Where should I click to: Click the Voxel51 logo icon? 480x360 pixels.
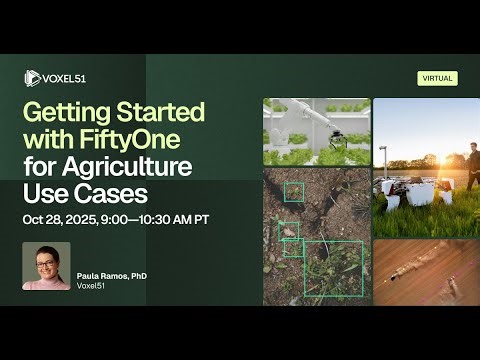pyautogui.click(x=31, y=78)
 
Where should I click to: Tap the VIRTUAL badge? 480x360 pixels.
pyautogui.click(x=437, y=78)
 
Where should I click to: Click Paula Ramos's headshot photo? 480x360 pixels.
pyautogui.click(x=46, y=266)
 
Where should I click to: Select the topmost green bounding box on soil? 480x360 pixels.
pyautogui.click(x=293, y=191)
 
